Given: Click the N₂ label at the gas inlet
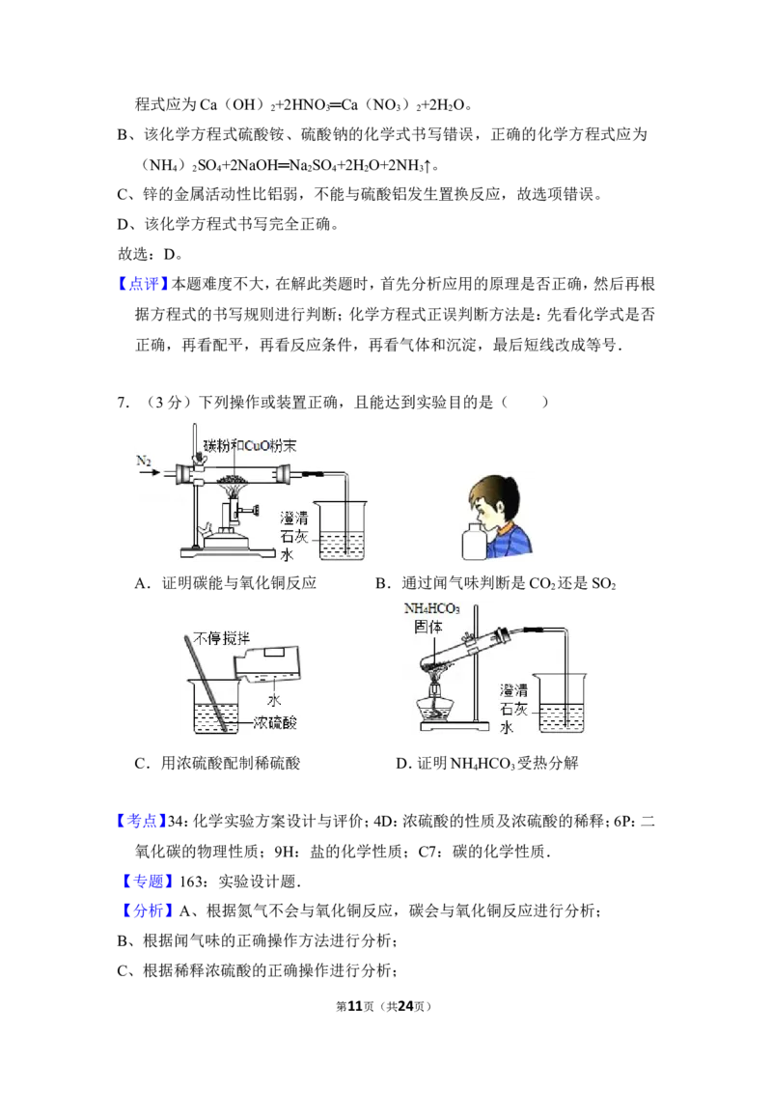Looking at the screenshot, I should (x=146, y=462).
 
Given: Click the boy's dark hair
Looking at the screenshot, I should (x=496, y=493).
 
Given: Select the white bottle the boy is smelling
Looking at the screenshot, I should (x=473, y=542).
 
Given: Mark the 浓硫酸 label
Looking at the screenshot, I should (x=278, y=722).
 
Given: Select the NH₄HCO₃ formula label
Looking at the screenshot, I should (x=430, y=609).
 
